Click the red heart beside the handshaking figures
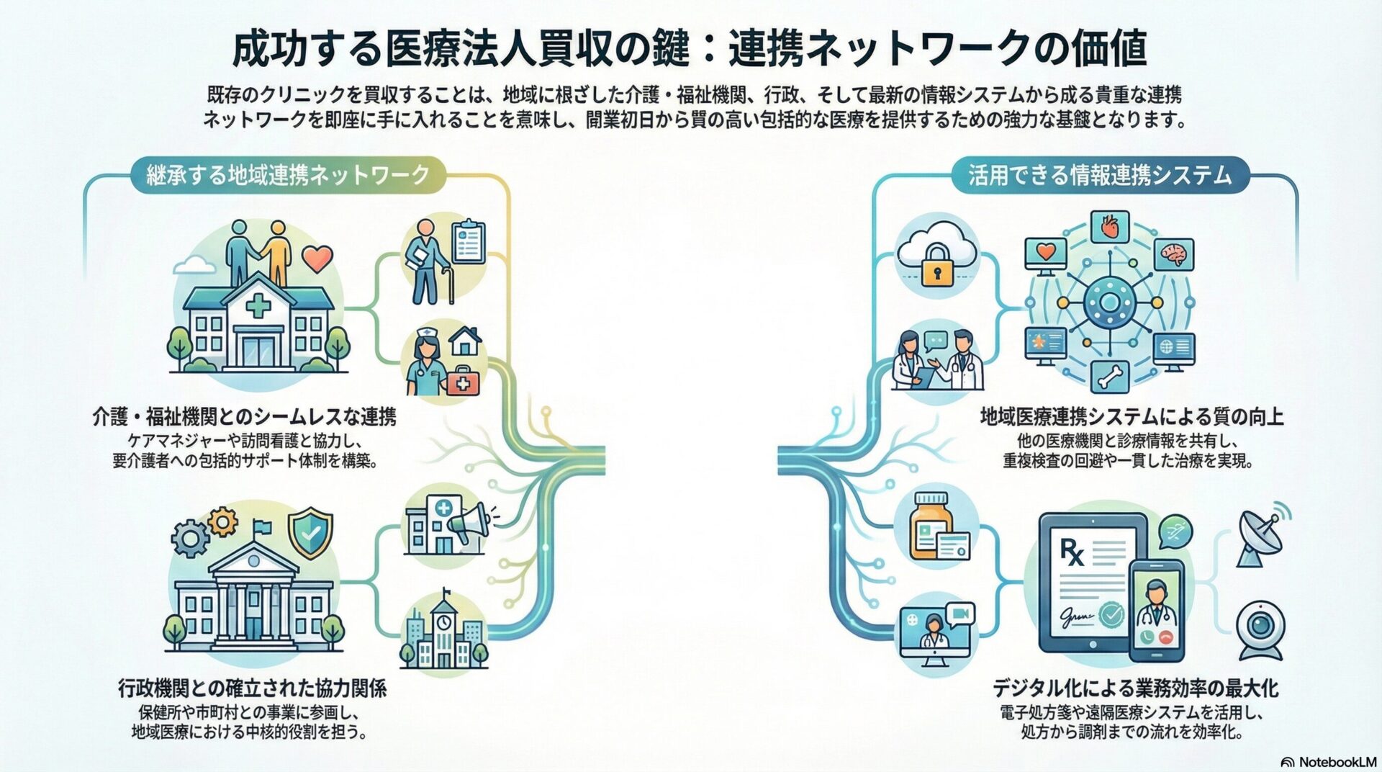click(317, 257)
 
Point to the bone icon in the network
click(1109, 376)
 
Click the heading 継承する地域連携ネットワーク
click(288, 175)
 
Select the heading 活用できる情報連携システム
click(1100, 175)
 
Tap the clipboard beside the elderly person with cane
click(469, 243)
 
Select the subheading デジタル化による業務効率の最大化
click(1135, 688)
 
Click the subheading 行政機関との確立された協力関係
click(252, 688)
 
